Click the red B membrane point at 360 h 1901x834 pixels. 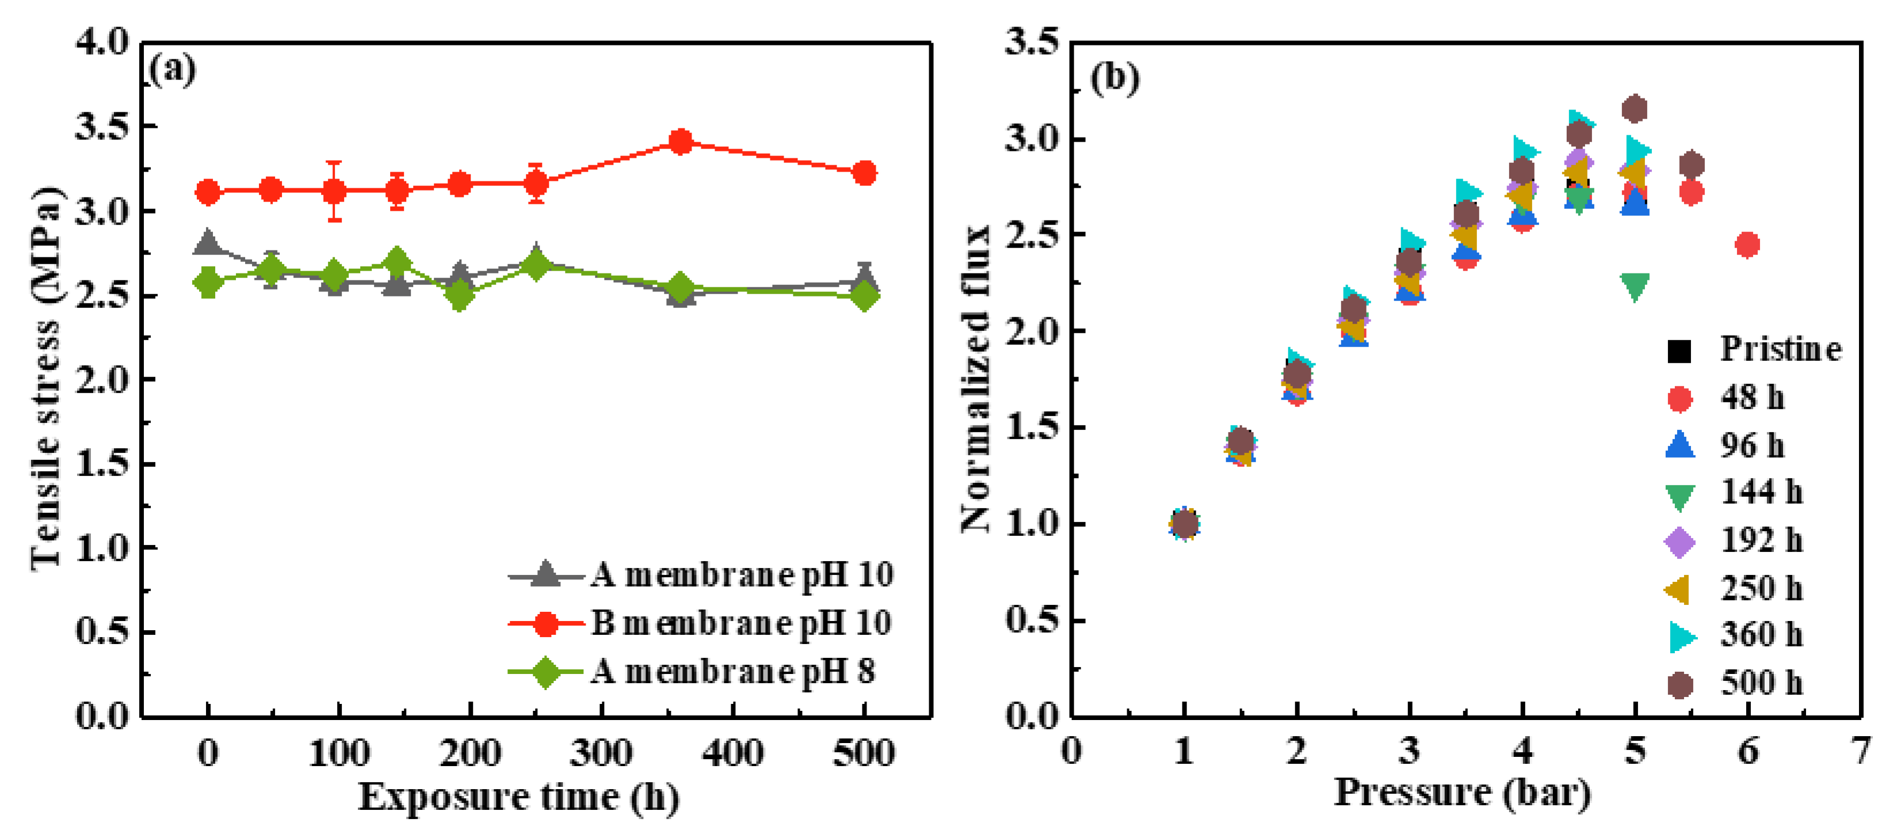pos(680,141)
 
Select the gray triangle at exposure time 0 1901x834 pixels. pos(207,241)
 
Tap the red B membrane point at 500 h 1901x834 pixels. pos(864,173)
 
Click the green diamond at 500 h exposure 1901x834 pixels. pos(864,296)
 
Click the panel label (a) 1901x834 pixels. pos(173,70)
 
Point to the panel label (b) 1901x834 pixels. pos(1115,78)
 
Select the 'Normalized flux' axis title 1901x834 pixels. pos(976,379)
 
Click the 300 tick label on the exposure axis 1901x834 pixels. pos(601,753)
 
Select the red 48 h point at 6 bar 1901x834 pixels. pos(1747,244)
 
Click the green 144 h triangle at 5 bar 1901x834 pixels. pos(1635,287)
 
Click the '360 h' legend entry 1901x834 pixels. pos(1760,635)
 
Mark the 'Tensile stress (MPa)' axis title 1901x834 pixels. pos(46,378)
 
